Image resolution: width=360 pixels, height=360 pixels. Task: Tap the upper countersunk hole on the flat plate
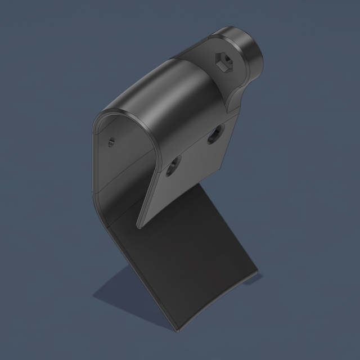(x=214, y=134)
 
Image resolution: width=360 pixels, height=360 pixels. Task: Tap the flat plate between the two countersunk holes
(x=194, y=151)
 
